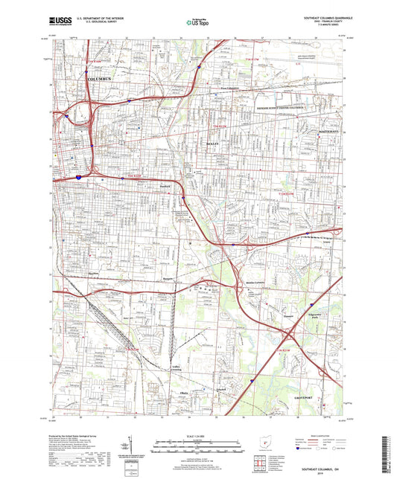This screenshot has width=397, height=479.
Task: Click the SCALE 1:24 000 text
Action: pos(198,435)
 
